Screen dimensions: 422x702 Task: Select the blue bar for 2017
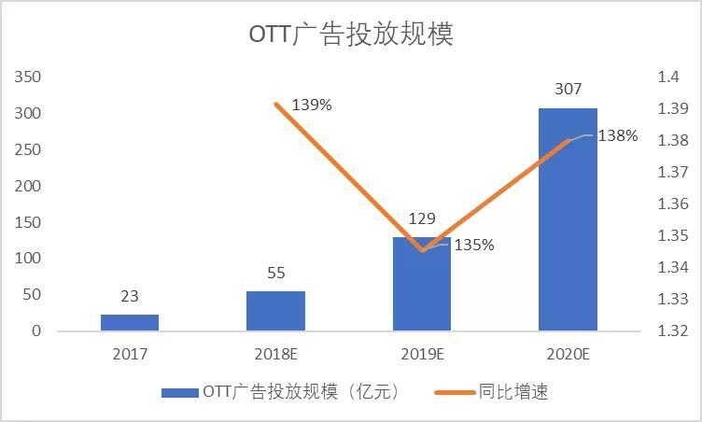pos(130,322)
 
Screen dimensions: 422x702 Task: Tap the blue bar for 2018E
pos(275,311)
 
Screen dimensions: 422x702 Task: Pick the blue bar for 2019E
pos(422,284)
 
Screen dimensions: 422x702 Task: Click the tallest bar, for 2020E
pos(568,219)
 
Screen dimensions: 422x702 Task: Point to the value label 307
pos(568,90)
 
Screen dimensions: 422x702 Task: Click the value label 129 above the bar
pos(422,218)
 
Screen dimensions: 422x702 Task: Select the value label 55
pos(275,273)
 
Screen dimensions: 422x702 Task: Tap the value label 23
pos(130,296)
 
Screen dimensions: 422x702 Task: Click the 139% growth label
pos(312,105)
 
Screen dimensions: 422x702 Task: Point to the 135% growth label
pos(474,246)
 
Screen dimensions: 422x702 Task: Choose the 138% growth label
pos(618,136)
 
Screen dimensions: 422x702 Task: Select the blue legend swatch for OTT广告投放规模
pos(179,392)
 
